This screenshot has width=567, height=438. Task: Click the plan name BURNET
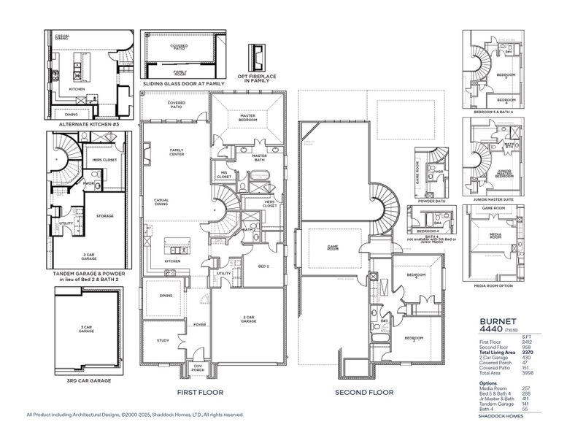click(498, 320)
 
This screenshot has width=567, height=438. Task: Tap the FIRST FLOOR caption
click(199, 393)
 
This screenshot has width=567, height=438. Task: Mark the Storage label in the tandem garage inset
click(104, 216)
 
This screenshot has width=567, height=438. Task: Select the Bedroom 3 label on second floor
click(414, 338)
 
